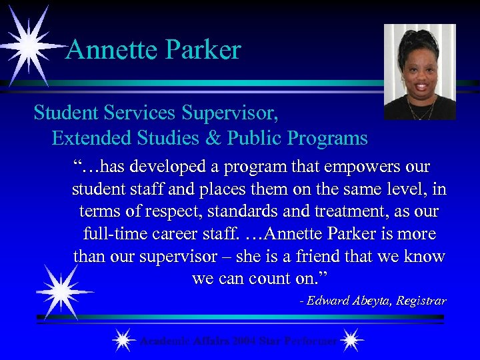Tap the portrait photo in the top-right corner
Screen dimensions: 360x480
(x=419, y=72)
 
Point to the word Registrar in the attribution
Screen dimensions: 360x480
(x=421, y=301)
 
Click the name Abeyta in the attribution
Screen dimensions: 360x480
(x=369, y=301)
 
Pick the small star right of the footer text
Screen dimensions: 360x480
(x=352, y=341)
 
